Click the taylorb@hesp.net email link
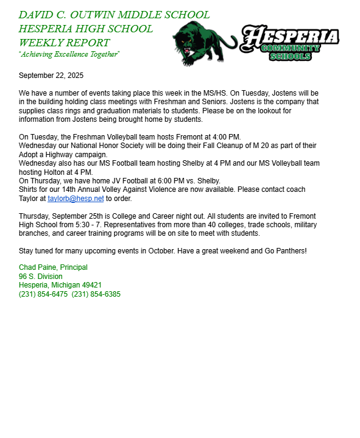[x=76, y=199]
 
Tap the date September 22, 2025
[x=51, y=76]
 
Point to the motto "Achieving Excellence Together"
[x=69, y=55]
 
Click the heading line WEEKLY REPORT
[x=65, y=43]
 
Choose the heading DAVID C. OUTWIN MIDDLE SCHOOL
[x=114, y=15]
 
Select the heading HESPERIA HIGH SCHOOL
[x=86, y=29]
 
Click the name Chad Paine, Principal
[x=53, y=267]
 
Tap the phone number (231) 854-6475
[x=43, y=294]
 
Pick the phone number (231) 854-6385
[x=96, y=294]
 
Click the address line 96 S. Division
[x=41, y=277]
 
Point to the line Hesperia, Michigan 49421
[x=60, y=285]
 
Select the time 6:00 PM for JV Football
[x=163, y=181]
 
